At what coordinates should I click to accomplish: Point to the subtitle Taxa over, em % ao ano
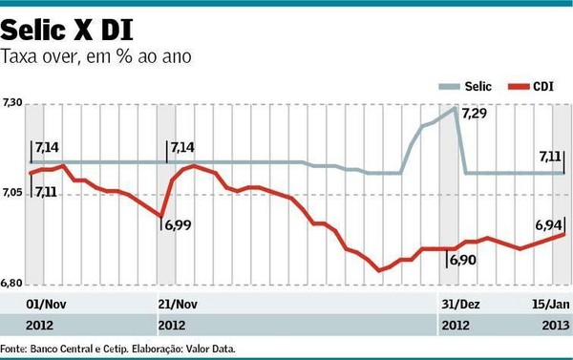tap(96, 56)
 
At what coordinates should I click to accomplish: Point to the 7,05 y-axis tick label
tap(12, 194)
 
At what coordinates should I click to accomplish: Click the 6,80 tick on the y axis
tap(12, 284)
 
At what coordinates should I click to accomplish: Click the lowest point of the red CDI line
tap(379, 270)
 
